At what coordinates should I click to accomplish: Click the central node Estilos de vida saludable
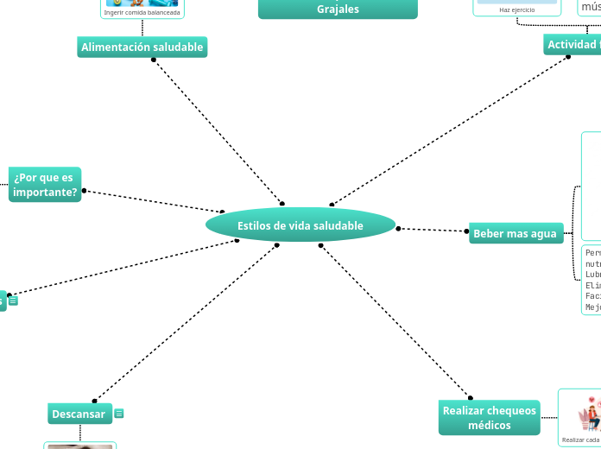(300, 225)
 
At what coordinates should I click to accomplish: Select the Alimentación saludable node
(142, 47)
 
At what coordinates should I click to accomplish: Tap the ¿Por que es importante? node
(45, 184)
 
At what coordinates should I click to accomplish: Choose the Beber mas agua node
(515, 233)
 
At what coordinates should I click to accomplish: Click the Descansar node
(79, 414)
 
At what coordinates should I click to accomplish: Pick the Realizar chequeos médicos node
(489, 418)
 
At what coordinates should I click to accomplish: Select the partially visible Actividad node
(572, 44)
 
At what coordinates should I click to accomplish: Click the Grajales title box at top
(338, 9)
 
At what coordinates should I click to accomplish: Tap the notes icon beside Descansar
(119, 414)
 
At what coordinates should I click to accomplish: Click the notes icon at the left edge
(14, 301)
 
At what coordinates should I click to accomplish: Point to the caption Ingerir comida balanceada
(142, 13)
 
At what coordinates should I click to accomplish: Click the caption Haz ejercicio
(516, 9)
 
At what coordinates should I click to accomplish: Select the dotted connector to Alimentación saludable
(216, 130)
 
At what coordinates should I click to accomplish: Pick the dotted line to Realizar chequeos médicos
(395, 321)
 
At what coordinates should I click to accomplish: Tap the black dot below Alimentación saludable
(154, 60)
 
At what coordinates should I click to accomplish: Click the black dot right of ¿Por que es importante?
(84, 191)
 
